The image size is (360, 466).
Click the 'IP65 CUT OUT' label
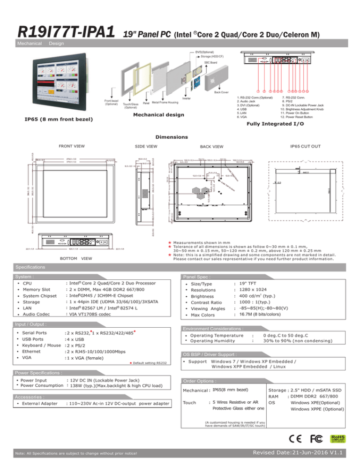305,146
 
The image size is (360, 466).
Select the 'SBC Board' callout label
210,62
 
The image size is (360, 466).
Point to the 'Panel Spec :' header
196,277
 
